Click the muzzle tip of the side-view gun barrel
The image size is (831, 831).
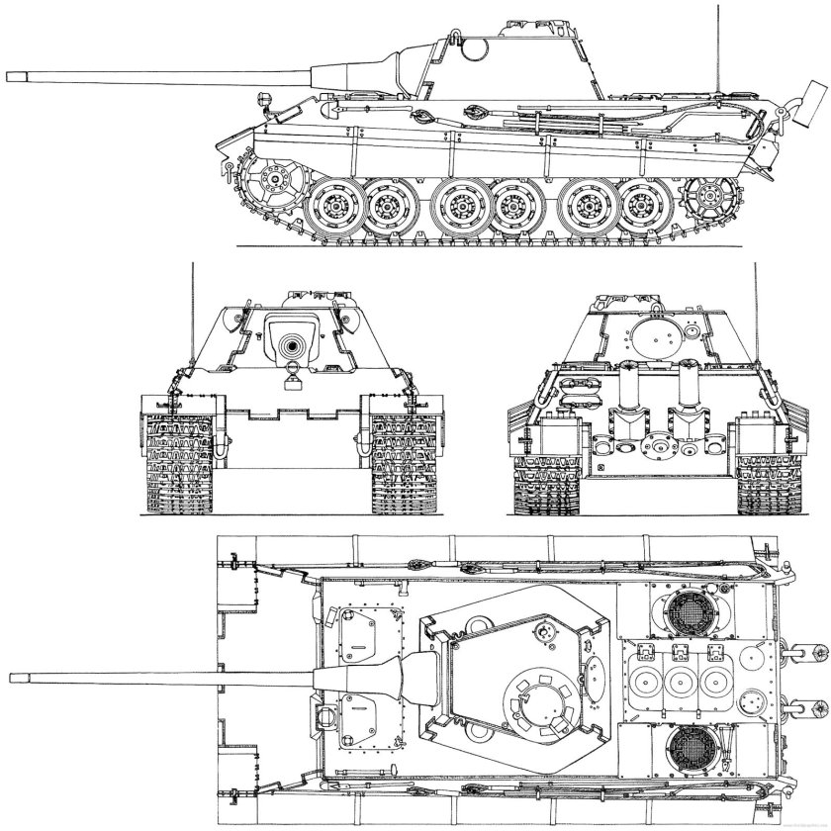pyautogui.click(x=8, y=73)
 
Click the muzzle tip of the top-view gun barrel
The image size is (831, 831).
pyautogui.click(x=10, y=678)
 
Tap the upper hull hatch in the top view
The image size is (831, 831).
pyautogui.click(x=358, y=630)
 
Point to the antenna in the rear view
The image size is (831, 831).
pyautogui.click(x=758, y=326)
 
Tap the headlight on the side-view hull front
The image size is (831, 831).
pyautogui.click(x=264, y=98)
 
